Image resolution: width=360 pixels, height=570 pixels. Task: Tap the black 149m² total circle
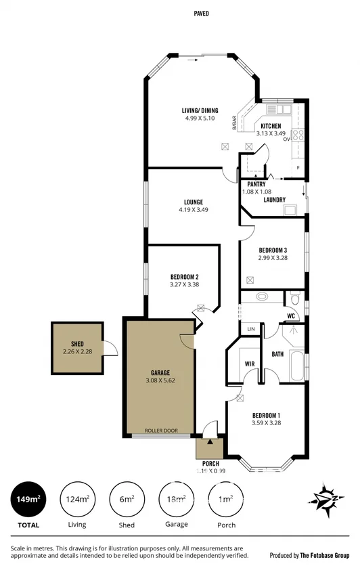pyautogui.click(x=28, y=500)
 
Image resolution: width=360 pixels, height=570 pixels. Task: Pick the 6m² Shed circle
pyautogui.click(x=127, y=500)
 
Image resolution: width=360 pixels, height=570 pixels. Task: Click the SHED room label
pyautogui.click(x=76, y=343)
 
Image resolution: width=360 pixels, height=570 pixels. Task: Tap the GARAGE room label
pyautogui.click(x=160, y=372)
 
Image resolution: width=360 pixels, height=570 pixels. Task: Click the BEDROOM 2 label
pyautogui.click(x=184, y=277)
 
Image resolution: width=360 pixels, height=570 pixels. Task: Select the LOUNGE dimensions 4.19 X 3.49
pyautogui.click(x=193, y=210)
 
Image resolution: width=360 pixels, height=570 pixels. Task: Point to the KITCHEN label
pyautogui.click(x=271, y=126)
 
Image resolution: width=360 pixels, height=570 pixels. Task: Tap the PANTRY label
pyautogui.click(x=256, y=184)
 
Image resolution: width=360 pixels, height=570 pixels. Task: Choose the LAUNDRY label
pyautogui.click(x=274, y=200)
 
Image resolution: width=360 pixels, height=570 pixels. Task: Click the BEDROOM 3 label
pyautogui.click(x=273, y=250)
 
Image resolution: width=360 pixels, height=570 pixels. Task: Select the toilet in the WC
pyautogui.click(x=294, y=299)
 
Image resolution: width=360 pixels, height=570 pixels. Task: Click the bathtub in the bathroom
pyautogui.click(x=297, y=365)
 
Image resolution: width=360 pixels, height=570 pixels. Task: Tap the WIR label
pyautogui.click(x=248, y=364)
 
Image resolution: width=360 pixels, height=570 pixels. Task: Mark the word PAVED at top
pyautogui.click(x=201, y=13)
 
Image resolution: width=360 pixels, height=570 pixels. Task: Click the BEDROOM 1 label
pyautogui.click(x=266, y=415)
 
